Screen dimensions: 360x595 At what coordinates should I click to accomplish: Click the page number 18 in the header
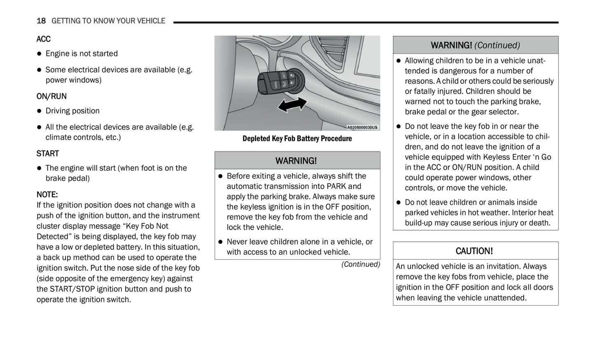pos(41,21)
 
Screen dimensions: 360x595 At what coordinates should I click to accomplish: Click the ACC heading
pos(43,39)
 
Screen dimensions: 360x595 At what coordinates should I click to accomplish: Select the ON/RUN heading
pos(51,96)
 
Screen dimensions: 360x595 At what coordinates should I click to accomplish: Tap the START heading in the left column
pos(47,154)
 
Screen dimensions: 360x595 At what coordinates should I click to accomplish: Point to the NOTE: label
pos(47,194)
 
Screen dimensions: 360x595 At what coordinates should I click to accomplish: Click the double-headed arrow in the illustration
pos(292,105)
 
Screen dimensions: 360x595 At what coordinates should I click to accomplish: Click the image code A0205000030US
pos(362,127)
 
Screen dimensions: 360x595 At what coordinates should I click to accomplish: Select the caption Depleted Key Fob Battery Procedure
pos(297,139)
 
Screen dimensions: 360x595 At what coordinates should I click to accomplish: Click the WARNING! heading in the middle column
pos(296,161)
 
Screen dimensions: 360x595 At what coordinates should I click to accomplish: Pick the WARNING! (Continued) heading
pos(475,45)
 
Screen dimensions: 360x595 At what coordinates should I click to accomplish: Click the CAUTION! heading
pos(474,251)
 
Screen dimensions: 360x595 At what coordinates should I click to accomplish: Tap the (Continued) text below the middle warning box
pos(360,264)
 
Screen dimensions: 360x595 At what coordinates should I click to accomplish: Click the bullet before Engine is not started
pos(40,54)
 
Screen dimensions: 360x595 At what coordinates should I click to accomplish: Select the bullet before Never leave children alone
pos(220,242)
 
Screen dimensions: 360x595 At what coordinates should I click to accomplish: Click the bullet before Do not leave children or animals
pos(398,203)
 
